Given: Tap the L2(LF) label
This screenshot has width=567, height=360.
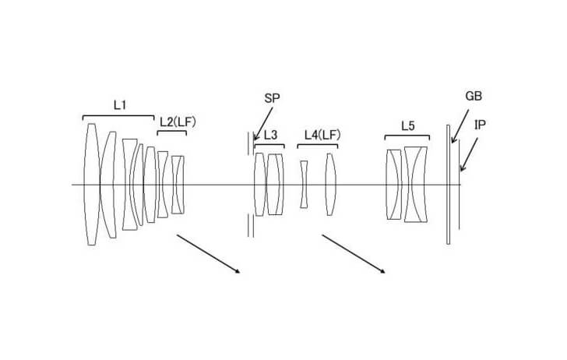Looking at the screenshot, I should pos(176,122).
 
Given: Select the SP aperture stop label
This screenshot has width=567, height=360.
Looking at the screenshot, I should pos(273,97).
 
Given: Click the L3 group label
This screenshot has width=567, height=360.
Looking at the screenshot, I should pos(270,135).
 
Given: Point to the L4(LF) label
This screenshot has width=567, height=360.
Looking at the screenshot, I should pos(322,135).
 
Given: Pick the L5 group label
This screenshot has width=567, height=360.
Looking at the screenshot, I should pos(408,125).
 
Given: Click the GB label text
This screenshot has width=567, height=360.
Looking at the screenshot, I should pos(474,97).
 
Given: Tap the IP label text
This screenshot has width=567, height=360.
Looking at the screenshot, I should pos(481,124).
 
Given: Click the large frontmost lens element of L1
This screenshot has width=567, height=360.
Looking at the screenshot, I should pos(92,185).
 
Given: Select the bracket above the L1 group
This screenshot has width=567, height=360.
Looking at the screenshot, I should pos(118,116).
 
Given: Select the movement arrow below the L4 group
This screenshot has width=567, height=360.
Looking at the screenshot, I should pos(354,254).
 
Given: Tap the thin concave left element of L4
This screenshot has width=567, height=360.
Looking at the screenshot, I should pos(305,185).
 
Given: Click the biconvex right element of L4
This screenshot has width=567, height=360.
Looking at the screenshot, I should pos(330,185).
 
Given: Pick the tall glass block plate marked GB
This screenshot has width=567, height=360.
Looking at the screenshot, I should pos(448,185).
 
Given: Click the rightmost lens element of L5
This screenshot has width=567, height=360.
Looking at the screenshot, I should pos(417,185).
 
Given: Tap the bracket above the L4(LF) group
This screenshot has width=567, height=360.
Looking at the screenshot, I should pos(318,145).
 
